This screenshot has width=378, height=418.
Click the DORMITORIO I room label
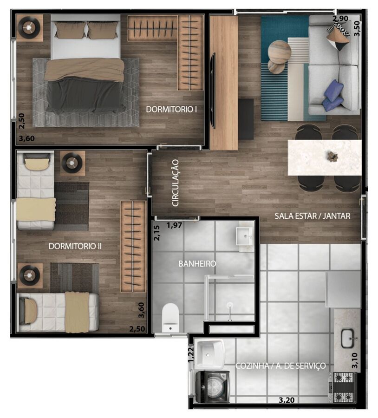click(171, 109)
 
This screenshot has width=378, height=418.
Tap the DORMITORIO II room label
click(75, 246)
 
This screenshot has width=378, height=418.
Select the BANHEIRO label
click(197, 264)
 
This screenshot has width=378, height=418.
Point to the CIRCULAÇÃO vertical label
click(175, 183)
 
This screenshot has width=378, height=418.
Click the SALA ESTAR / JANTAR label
click(313, 216)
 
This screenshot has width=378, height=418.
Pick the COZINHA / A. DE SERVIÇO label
click(280, 366)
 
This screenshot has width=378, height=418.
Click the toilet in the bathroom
click(170, 318)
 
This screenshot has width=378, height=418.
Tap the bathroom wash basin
click(244, 236)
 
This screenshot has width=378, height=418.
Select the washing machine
click(213, 387)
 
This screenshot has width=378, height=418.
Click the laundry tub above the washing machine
click(210, 354)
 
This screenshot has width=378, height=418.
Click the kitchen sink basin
click(348, 338)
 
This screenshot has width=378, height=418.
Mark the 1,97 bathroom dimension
click(174, 226)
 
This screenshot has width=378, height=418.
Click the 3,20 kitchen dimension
click(287, 400)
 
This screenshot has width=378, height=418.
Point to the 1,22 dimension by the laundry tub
click(191, 354)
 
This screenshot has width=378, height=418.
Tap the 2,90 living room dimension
click(340, 19)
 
